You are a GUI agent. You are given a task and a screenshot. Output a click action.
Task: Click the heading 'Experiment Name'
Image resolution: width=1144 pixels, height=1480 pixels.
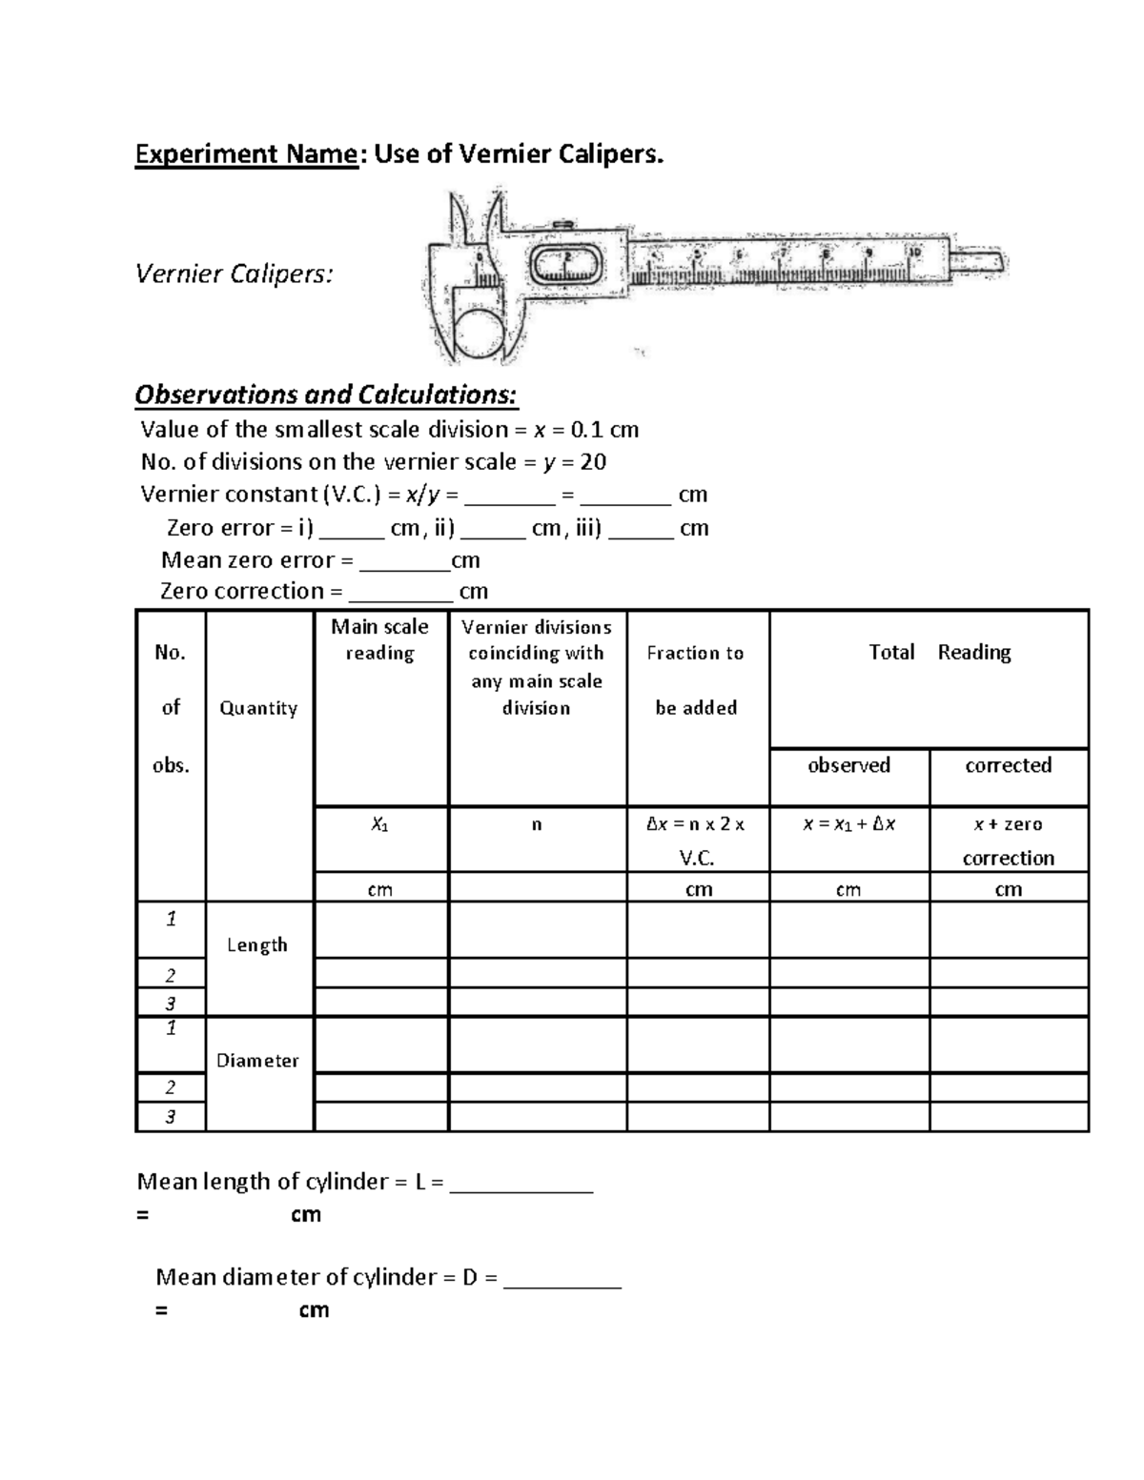click(x=246, y=153)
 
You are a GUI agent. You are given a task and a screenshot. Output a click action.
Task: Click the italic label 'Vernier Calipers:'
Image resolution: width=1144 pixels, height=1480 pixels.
click(x=235, y=274)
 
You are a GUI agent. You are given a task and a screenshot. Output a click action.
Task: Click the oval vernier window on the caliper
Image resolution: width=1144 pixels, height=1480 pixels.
click(x=566, y=264)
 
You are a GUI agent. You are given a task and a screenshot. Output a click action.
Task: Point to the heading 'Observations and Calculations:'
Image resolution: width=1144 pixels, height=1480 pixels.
click(x=326, y=395)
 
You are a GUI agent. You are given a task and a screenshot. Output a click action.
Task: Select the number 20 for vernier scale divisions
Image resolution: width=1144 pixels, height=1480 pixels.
click(x=593, y=462)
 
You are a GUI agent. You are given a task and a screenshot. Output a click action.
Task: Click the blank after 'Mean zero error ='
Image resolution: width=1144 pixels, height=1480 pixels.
click(x=404, y=561)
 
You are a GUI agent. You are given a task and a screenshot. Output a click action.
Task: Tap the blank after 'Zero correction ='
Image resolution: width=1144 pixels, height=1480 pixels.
click(x=400, y=593)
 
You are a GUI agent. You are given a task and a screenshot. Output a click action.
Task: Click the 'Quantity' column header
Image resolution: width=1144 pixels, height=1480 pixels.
click(x=258, y=708)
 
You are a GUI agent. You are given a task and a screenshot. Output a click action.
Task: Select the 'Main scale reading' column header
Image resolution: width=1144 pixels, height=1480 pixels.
click(x=379, y=639)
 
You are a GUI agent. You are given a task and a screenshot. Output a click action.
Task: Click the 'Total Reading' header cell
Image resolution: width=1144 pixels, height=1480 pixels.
click(x=939, y=653)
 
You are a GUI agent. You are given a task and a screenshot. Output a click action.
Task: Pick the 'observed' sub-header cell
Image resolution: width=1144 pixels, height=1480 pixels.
click(x=848, y=765)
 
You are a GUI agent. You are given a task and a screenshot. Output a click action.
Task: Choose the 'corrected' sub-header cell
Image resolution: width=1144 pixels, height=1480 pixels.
click(x=1008, y=765)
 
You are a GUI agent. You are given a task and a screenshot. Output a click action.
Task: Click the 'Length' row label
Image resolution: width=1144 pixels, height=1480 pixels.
click(x=257, y=945)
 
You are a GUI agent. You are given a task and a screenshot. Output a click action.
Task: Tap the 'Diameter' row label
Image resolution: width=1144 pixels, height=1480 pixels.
click(x=257, y=1061)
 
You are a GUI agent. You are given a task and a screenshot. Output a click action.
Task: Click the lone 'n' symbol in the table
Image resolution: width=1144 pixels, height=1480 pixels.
click(x=537, y=825)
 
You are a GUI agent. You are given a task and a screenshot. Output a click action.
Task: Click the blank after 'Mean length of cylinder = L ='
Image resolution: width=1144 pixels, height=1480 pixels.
click(x=521, y=1184)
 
